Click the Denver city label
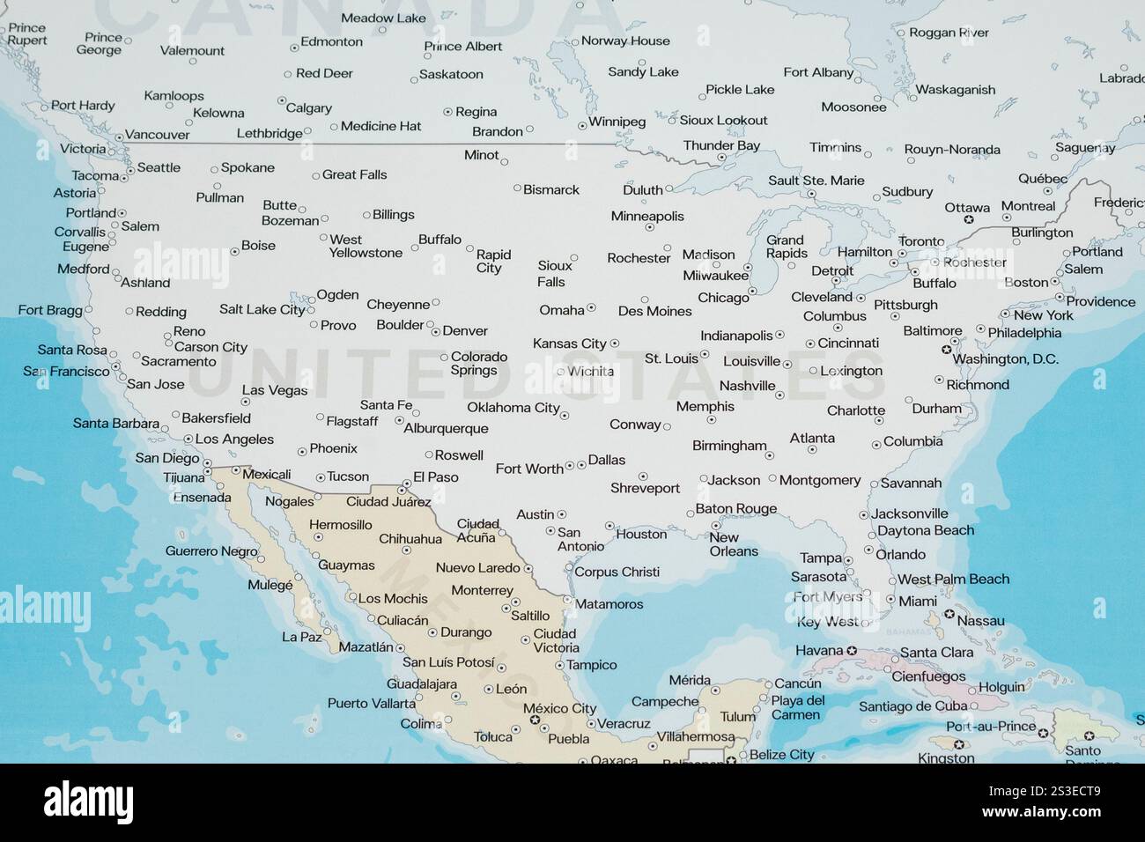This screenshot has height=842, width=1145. point(465,331)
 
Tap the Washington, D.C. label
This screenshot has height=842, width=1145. point(1005,359)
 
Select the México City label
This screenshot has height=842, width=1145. point(559,708)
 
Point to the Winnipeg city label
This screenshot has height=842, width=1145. point(617,122)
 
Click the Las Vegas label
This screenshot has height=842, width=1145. point(275,390)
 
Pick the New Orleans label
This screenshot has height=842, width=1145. point(734,544)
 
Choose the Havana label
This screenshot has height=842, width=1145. point(819,651)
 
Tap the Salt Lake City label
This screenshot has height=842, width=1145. point(262,309)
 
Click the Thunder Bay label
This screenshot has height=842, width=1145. point(721,145)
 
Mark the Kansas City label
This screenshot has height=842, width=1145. point(570,343)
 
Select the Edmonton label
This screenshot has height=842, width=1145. point(331,41)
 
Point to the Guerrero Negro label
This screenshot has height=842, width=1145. point(211,551)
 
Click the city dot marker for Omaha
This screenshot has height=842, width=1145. point(591,308)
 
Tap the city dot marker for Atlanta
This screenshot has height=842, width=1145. point(812,450)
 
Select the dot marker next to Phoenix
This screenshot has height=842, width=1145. point(302,450)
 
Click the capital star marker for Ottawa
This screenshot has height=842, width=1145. point(969,218)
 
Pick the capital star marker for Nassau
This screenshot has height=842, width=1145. point(949,614)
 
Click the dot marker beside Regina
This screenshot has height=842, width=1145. point(447,112)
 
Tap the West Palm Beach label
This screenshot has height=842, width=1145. point(953,579)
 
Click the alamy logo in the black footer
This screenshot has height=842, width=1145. point(88,802)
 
